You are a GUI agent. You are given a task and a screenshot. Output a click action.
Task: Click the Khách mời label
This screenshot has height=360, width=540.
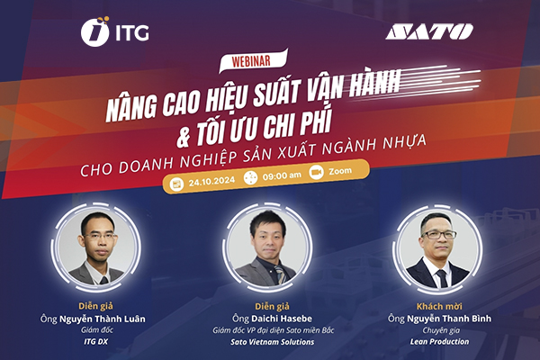click(435, 303)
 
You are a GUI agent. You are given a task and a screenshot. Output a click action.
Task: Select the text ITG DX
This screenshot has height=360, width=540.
click(94, 345)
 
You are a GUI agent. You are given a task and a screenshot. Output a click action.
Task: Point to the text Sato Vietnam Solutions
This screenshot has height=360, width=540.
click(270, 345)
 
